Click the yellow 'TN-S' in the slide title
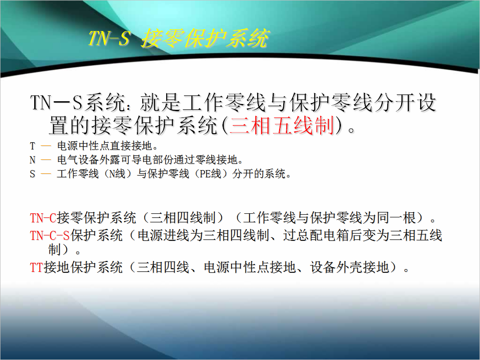(109, 38)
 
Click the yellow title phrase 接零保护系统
(205, 38)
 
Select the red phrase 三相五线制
(281, 126)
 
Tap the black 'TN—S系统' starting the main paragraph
(78, 102)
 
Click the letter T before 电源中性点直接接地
(32, 146)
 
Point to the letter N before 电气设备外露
(32, 160)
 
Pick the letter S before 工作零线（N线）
(32, 174)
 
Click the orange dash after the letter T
(46, 146)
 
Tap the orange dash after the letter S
(46, 174)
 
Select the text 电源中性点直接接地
(105, 146)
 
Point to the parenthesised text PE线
(210, 174)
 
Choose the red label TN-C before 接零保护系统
(43, 218)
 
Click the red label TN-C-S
(50, 235)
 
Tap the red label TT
(36, 267)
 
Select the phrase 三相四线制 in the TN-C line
(182, 218)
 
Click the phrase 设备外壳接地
(349, 267)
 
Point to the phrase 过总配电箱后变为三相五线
(362, 235)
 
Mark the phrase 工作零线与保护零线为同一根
(330, 218)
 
